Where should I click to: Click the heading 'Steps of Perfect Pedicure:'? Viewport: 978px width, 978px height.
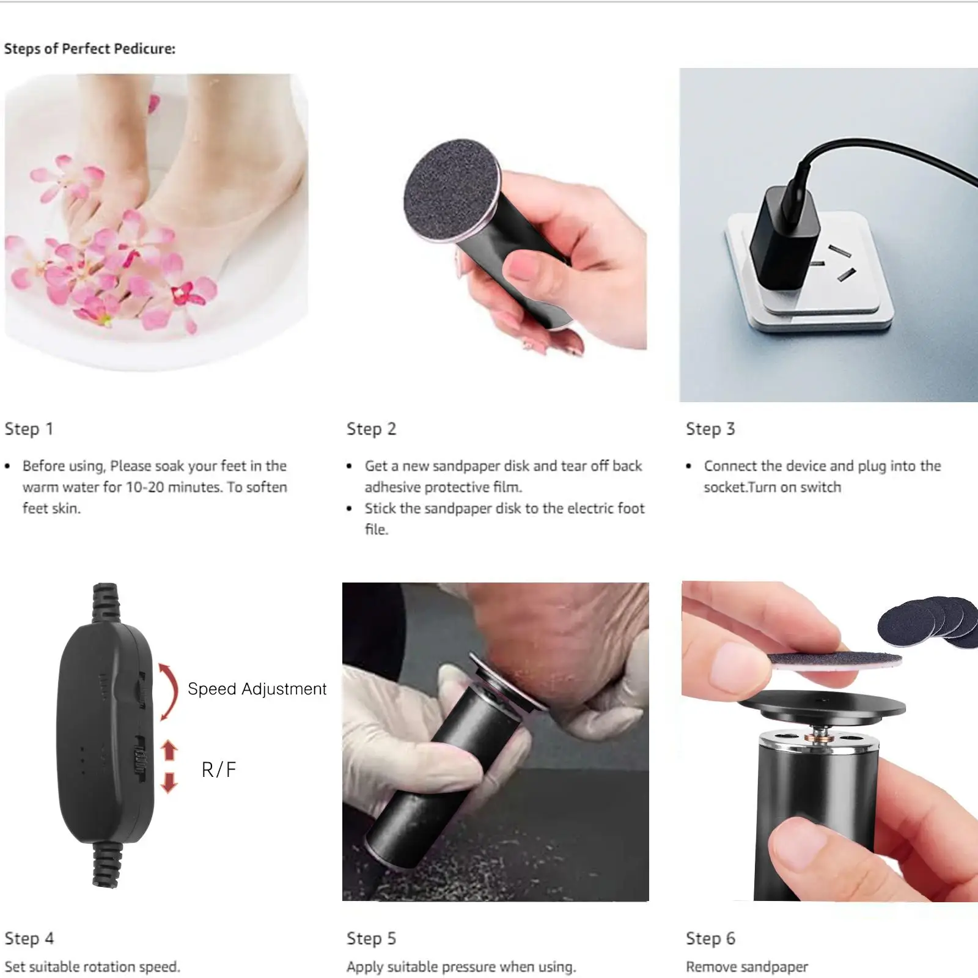pos(90,49)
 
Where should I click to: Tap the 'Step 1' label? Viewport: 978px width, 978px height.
pos(29,429)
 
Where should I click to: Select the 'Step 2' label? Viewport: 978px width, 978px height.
pos(371,429)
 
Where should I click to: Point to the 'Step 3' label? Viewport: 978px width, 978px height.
pos(710,429)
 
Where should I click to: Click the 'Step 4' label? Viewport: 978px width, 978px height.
pos(29,938)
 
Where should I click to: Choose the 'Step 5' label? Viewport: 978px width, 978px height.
pos(371,938)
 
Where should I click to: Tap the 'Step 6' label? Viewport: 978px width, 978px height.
pos(710,938)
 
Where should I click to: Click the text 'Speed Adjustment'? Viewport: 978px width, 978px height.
pos(257,689)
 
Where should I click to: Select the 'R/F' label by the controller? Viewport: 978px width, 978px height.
pos(218,770)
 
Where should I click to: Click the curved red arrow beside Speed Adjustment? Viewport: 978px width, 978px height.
pos(169,691)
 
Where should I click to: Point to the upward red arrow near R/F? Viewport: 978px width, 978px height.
pos(169,750)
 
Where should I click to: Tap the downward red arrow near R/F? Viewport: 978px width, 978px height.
pos(169,782)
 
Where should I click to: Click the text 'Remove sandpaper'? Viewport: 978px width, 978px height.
pos(746,967)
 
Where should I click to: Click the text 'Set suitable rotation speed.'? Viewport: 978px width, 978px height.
pos(92,967)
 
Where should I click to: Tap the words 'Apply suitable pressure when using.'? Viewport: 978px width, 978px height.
pos(461,967)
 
